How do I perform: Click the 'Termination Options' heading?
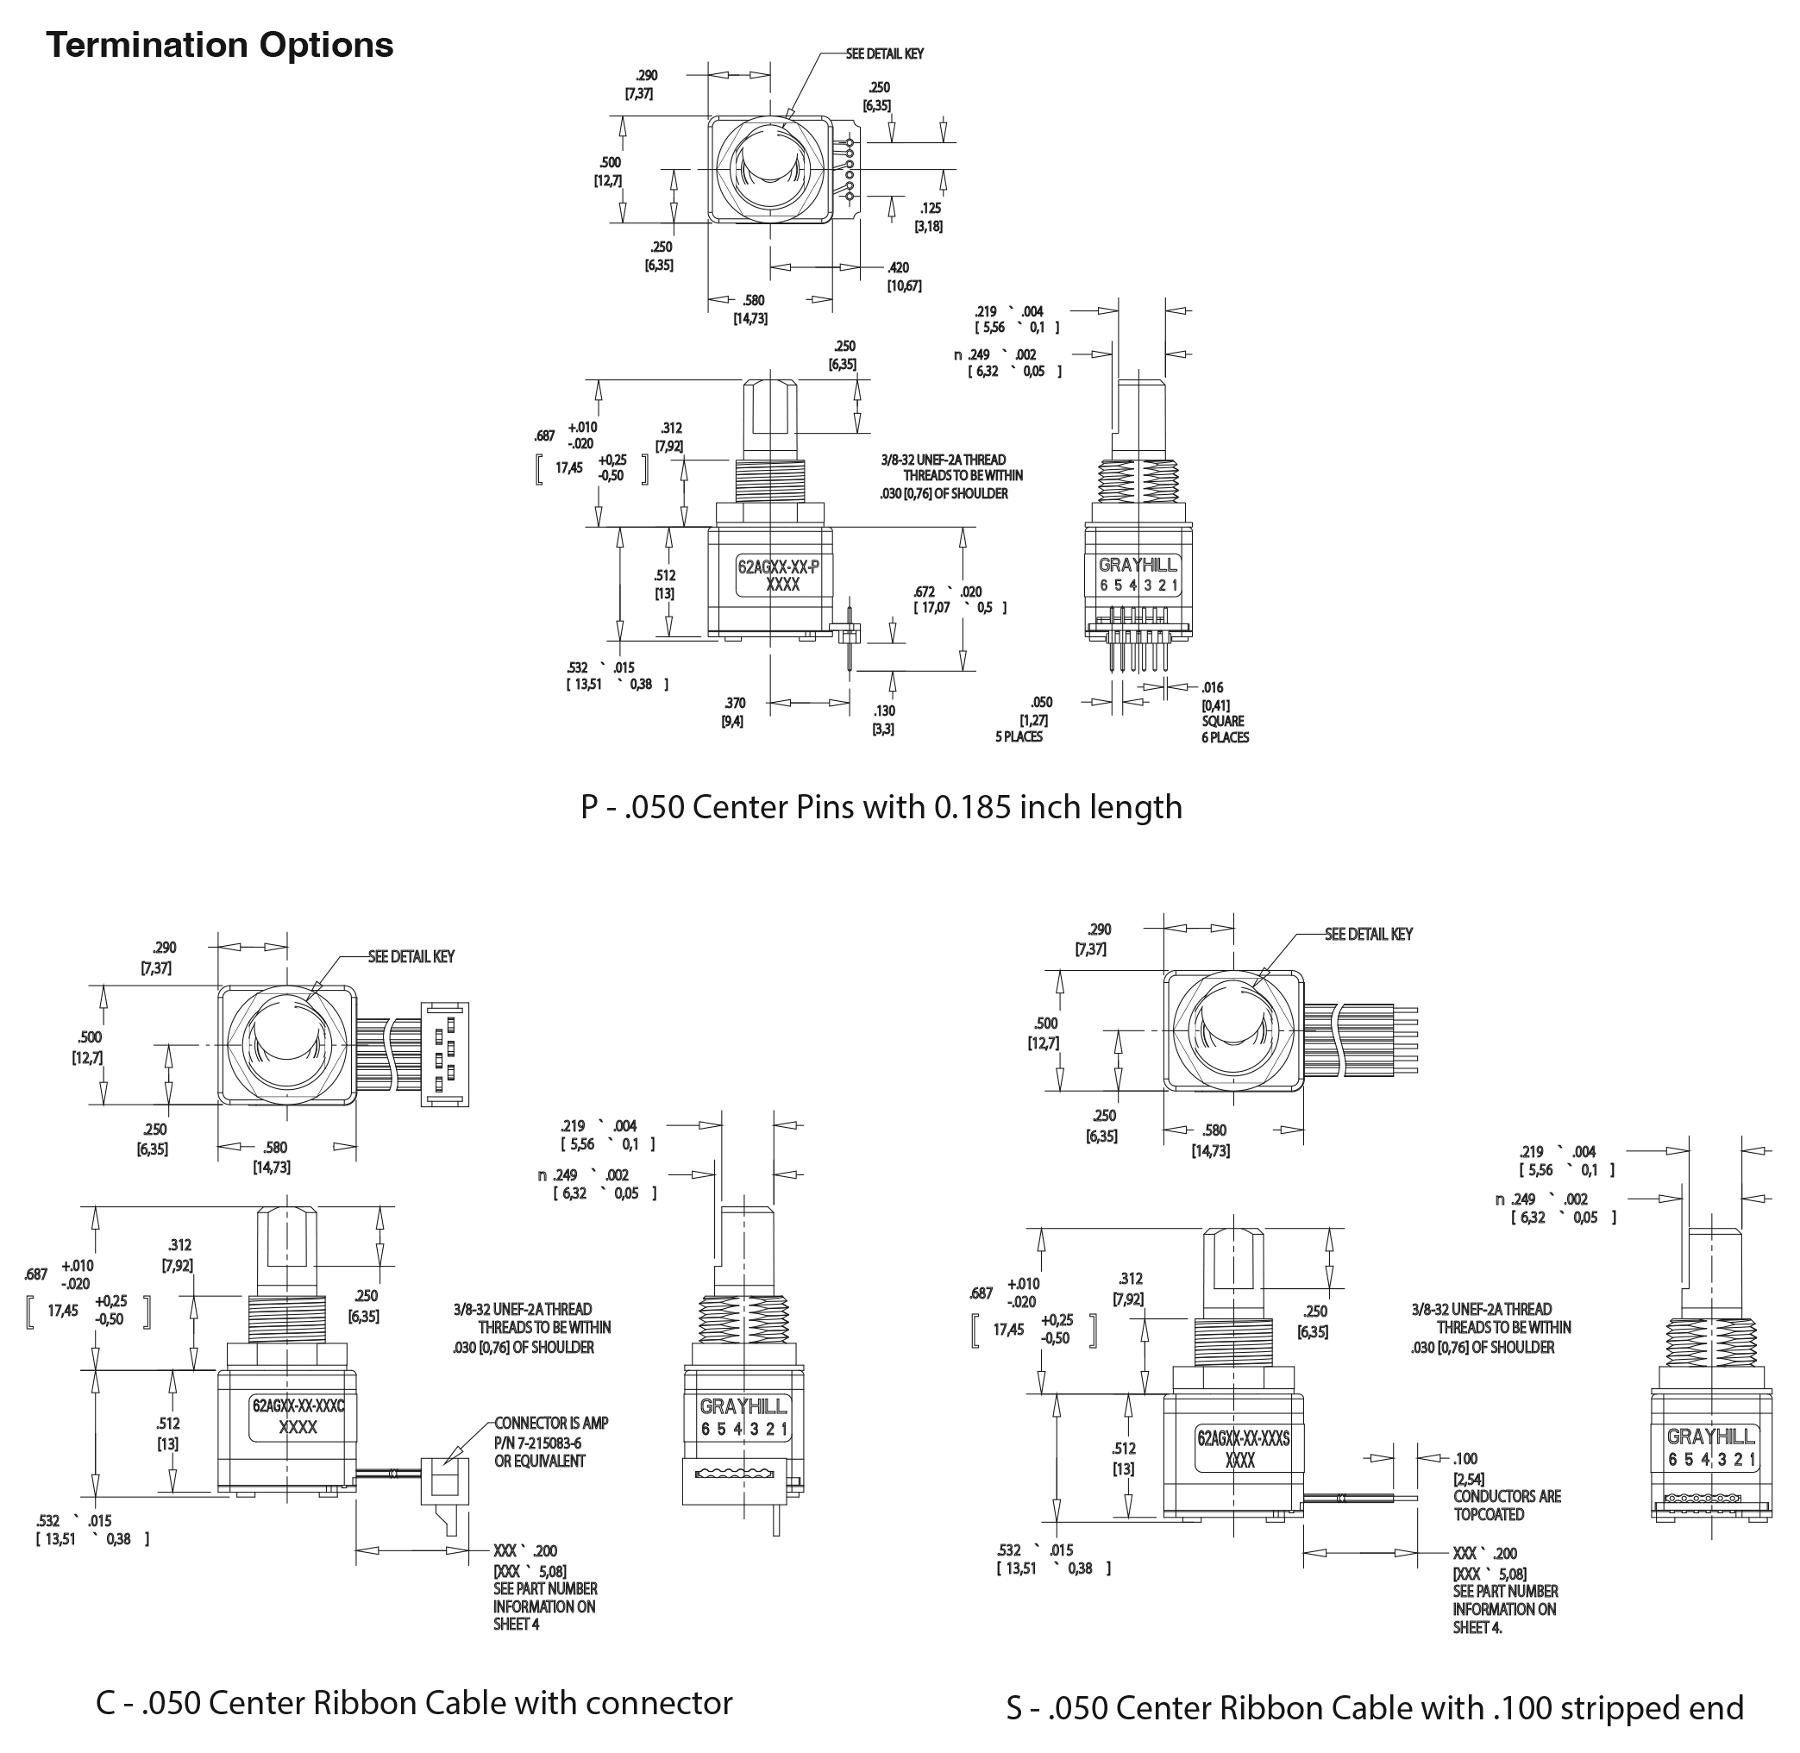coord(219,45)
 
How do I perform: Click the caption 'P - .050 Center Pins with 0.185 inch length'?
coord(881,806)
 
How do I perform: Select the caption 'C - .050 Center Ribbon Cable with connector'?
coord(413,1702)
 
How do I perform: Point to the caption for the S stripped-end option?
coord(1374,1707)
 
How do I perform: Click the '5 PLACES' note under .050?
coord(1019,736)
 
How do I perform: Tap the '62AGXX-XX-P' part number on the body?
coord(778,567)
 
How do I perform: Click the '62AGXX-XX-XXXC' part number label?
coord(298,1406)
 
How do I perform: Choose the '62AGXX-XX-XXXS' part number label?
coord(1243,1438)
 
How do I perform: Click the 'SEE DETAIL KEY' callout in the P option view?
coord(884,54)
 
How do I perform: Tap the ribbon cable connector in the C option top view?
coord(445,1055)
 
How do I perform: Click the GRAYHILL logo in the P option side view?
coord(1138,566)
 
